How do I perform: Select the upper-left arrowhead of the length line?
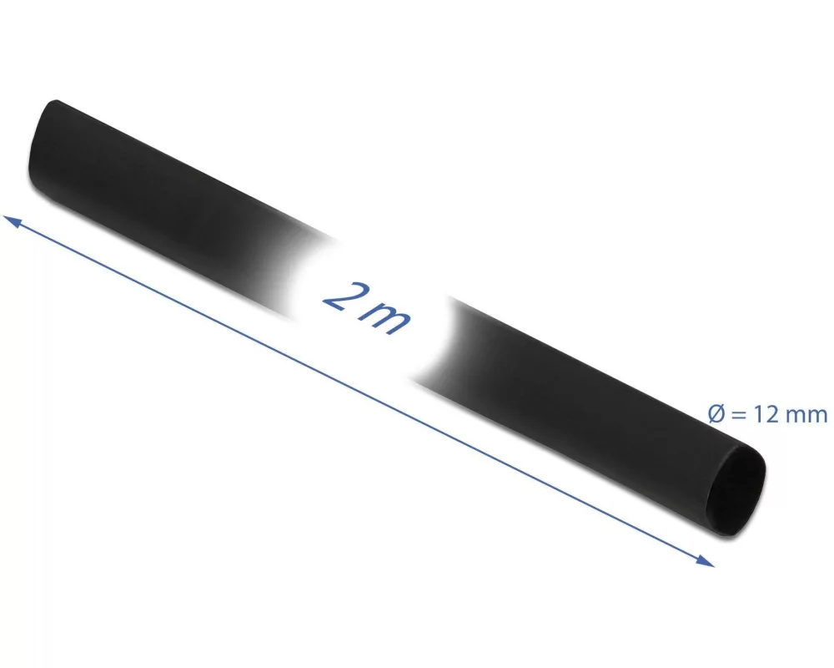[12, 221]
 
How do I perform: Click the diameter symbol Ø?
[717, 414]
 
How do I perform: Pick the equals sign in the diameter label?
[738, 414]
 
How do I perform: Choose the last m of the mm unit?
[818, 417]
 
